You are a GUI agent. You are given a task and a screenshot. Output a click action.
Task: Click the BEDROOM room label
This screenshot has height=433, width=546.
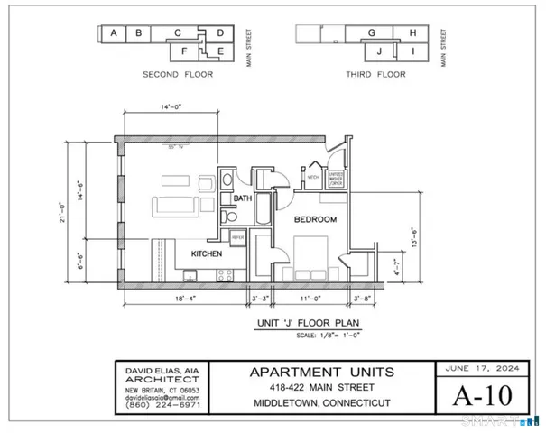[x=315, y=219]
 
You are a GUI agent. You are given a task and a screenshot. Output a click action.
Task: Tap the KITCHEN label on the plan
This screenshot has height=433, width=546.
[x=206, y=254]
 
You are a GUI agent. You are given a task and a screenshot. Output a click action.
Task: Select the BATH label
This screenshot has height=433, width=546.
[x=242, y=198]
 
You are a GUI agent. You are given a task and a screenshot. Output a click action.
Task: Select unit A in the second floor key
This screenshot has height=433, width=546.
[x=113, y=33]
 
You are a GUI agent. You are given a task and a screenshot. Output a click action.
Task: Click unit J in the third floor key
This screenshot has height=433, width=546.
[x=380, y=51]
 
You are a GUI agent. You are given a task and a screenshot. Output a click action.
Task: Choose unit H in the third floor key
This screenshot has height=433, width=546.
[x=412, y=33]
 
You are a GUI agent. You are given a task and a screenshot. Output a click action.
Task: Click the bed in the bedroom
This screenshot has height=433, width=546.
[x=310, y=258]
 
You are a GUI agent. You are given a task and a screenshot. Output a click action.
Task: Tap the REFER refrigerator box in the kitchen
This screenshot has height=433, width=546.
[x=239, y=236]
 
